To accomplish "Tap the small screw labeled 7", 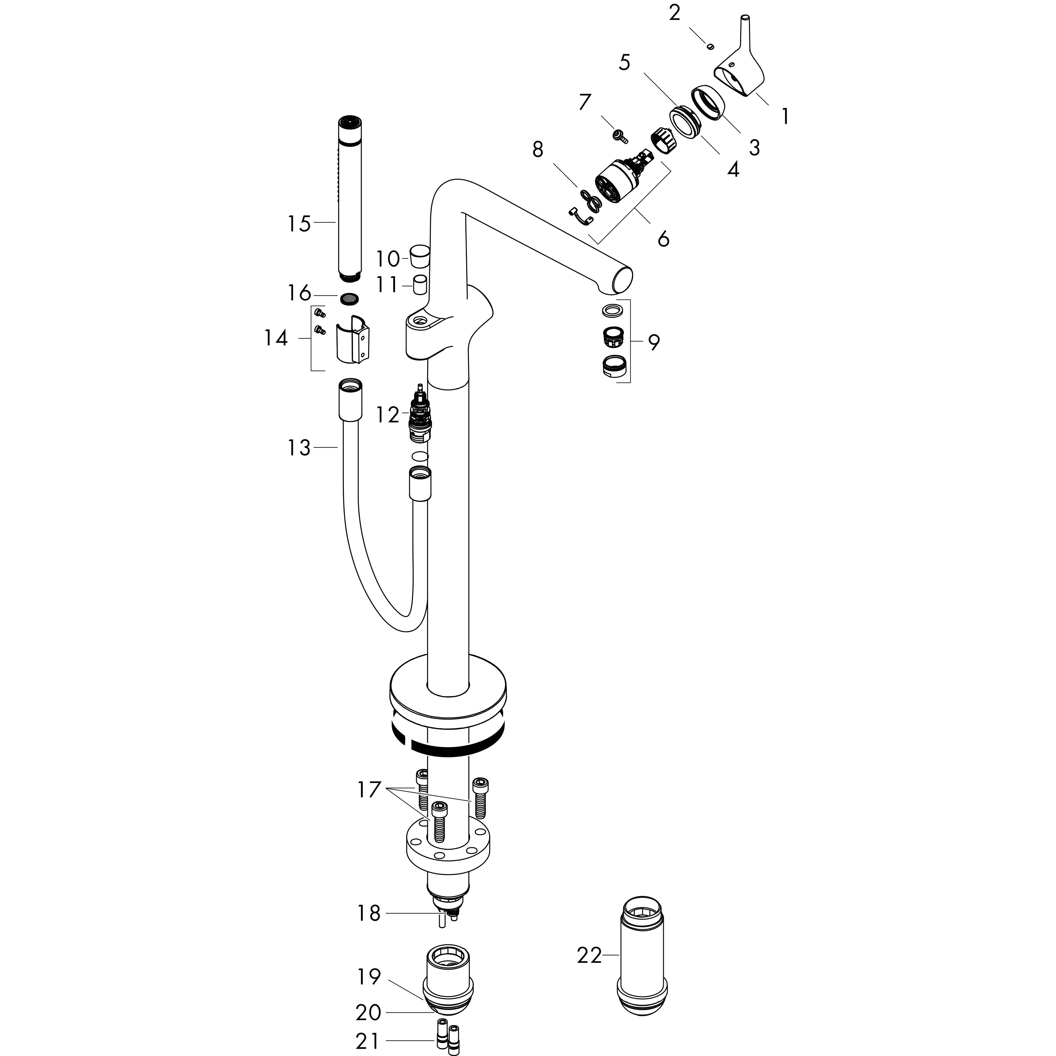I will pos(619,135).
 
